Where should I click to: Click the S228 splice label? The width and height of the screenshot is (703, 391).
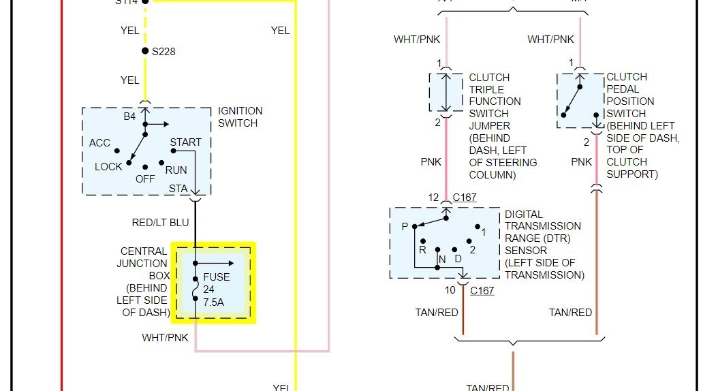click(x=163, y=51)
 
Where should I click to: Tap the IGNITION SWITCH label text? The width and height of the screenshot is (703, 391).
click(x=240, y=117)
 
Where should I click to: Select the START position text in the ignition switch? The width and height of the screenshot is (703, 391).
click(x=186, y=142)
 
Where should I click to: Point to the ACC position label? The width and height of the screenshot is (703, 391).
click(x=99, y=143)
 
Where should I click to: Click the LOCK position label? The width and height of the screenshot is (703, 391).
click(x=108, y=167)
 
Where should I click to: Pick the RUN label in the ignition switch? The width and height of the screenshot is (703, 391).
click(x=176, y=170)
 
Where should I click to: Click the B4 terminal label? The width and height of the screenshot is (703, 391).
click(x=129, y=116)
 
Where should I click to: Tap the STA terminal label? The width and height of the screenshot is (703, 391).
click(x=178, y=187)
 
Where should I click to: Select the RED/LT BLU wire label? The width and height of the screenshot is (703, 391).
click(x=160, y=223)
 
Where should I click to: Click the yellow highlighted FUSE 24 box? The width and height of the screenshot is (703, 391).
click(x=213, y=282)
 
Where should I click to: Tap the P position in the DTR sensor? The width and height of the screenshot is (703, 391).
click(x=405, y=227)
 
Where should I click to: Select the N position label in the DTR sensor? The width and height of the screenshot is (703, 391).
click(x=441, y=260)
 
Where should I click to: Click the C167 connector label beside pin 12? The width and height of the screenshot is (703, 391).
click(x=465, y=198)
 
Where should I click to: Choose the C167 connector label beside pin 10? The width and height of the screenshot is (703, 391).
click(x=482, y=291)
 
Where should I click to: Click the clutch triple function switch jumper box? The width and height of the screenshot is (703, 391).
click(x=446, y=93)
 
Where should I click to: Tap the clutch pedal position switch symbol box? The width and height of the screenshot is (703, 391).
click(x=580, y=100)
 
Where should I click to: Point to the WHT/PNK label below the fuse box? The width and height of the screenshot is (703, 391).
click(x=164, y=338)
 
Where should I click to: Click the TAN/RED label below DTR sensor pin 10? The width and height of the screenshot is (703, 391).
click(x=437, y=313)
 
